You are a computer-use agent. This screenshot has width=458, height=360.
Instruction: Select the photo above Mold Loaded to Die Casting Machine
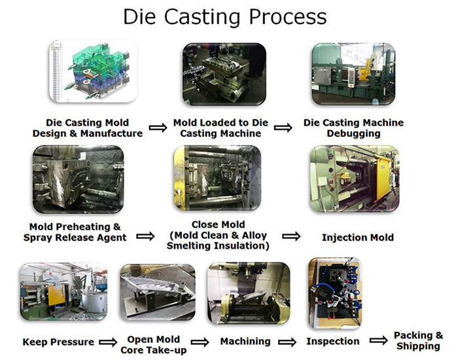[x=224, y=73]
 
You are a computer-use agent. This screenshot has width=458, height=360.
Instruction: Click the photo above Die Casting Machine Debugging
[x=354, y=73]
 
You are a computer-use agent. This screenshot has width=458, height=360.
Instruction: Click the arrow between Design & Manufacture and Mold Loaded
[x=158, y=128]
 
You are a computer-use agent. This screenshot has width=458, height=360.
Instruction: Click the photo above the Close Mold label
[x=217, y=179]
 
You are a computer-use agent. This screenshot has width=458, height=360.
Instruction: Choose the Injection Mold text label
[x=358, y=237]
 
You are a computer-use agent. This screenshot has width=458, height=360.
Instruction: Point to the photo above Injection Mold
[x=353, y=179]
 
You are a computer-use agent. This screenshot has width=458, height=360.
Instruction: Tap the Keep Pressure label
[x=58, y=342]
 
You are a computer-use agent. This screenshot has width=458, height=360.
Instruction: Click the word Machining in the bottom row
[x=245, y=341]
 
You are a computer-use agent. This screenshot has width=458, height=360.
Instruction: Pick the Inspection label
[x=333, y=341]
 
